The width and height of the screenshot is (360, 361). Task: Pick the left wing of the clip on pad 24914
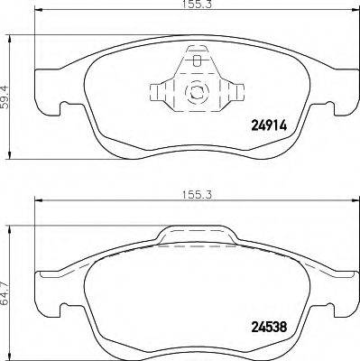click(x=158, y=92)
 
